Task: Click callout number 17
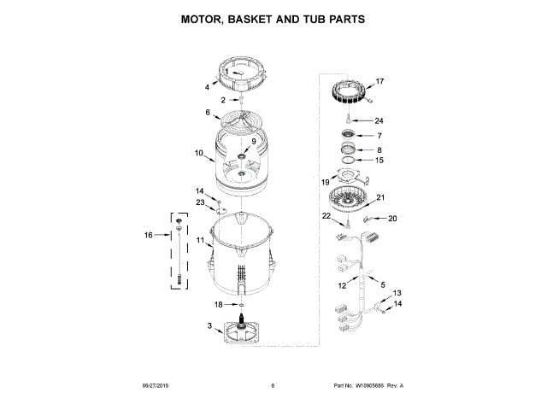click(379, 82)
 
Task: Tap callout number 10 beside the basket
click(198, 154)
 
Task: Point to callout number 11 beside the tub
click(199, 242)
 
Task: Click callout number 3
click(209, 326)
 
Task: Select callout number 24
click(379, 120)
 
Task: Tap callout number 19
click(326, 181)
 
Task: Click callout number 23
click(199, 202)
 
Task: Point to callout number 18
click(218, 304)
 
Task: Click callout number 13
click(397, 293)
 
